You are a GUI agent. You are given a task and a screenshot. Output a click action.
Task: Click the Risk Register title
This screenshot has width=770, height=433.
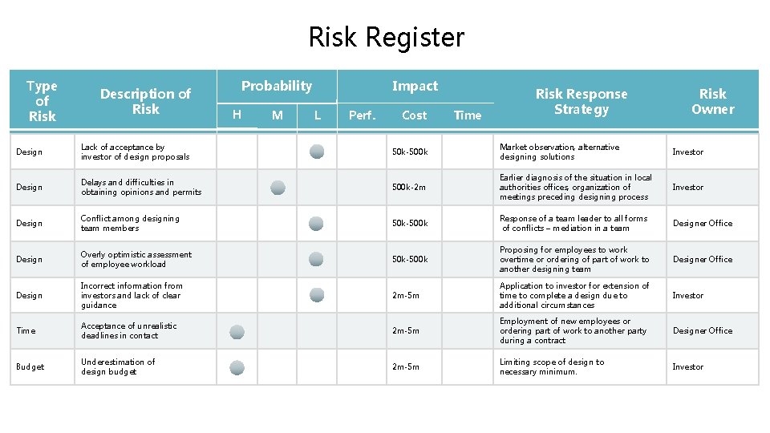(386, 37)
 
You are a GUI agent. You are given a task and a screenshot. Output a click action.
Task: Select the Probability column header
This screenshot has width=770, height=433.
(277, 86)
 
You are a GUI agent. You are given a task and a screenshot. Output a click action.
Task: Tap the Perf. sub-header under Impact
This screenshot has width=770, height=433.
(362, 115)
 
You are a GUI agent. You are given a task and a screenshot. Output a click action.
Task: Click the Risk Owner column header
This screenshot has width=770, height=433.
(712, 101)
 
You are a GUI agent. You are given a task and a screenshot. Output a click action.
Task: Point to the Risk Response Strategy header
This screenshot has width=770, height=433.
(582, 101)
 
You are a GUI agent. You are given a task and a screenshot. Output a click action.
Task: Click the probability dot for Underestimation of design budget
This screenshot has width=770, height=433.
(237, 367)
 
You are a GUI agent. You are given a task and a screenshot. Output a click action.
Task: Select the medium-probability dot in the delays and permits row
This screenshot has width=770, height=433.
(278, 188)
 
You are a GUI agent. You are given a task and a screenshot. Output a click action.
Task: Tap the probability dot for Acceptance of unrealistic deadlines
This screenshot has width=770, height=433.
(237, 331)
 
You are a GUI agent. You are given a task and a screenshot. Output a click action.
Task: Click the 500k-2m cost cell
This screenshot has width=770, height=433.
(409, 188)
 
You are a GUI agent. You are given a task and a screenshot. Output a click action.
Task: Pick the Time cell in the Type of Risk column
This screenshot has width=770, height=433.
(26, 330)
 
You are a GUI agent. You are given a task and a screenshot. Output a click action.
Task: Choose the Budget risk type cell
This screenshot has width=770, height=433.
(30, 366)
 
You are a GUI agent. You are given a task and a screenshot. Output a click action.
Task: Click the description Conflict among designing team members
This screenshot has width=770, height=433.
(130, 223)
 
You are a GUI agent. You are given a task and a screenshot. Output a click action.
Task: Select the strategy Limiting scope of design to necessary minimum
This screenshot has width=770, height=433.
(552, 366)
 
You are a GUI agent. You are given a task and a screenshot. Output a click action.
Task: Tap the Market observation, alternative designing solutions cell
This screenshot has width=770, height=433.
(559, 152)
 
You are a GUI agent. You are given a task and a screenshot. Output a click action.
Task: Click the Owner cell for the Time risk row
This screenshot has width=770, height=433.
(702, 330)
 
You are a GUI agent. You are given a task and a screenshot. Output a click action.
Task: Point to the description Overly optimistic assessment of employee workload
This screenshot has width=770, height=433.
(136, 259)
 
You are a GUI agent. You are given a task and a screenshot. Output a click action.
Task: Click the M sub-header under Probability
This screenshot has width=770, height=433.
(277, 115)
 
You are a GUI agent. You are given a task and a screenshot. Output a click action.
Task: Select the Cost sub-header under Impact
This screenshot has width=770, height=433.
(414, 115)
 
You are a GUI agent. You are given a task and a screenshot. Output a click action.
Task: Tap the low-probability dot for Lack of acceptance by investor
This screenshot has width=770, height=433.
(317, 152)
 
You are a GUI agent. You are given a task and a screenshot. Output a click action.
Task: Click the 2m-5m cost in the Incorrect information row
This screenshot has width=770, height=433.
(405, 295)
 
